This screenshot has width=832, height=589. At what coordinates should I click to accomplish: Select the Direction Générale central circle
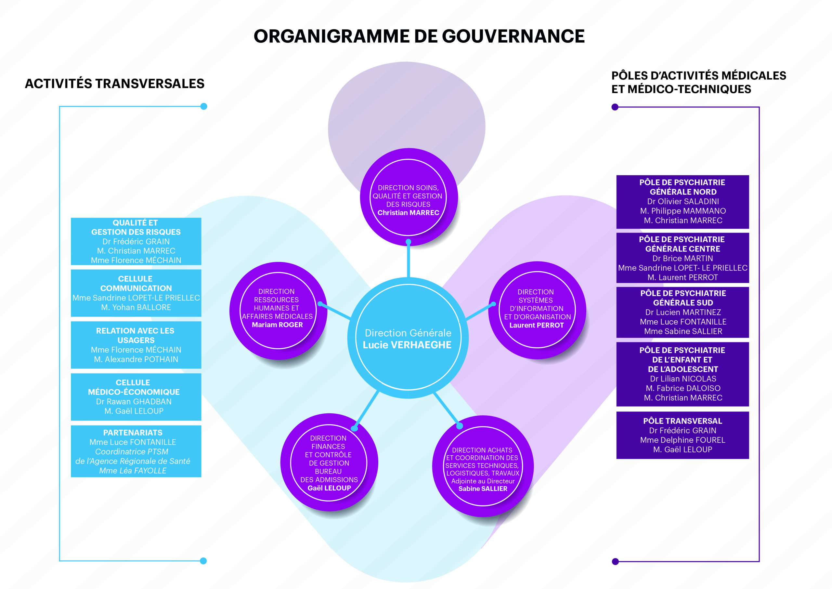point(408,338)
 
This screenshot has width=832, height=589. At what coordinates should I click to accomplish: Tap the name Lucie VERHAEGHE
point(407,345)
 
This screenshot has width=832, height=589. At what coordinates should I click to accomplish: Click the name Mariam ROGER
point(277,325)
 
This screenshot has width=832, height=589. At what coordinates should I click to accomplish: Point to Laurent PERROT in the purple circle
point(537,325)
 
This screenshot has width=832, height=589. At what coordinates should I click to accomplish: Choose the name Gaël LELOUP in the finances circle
point(329,488)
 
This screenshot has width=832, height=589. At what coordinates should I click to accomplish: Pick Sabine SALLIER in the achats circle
point(483,489)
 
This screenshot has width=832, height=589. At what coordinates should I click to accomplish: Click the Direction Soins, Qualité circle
point(409,197)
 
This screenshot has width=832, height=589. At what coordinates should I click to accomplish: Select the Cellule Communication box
point(136,293)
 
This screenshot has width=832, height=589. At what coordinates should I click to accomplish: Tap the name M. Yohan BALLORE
point(136,308)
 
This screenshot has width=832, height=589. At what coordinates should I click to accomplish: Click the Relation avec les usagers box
point(136,345)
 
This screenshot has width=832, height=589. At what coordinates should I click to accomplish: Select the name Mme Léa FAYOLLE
point(133,471)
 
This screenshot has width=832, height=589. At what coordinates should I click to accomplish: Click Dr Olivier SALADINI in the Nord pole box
point(683,202)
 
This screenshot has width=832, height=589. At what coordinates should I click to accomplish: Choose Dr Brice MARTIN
point(683,259)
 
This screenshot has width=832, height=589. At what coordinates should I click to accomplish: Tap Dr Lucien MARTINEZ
point(683,313)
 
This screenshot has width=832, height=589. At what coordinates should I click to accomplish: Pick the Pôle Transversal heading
point(683,421)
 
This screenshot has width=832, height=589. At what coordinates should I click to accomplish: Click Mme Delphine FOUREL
point(683,440)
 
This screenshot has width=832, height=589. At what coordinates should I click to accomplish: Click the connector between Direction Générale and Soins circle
point(409,259)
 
